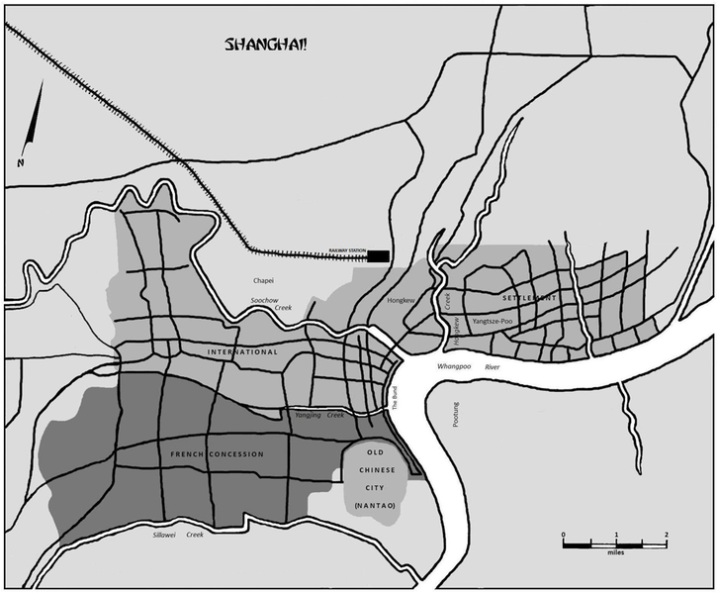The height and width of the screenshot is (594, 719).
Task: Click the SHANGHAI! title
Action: [266, 45]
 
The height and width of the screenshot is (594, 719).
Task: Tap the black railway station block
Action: [377, 256]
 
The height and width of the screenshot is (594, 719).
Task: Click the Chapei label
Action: [263, 280]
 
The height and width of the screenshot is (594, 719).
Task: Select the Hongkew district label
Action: [401, 299]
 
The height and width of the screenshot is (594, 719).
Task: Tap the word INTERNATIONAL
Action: [242, 351]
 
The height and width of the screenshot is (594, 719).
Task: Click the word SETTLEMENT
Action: [529, 298]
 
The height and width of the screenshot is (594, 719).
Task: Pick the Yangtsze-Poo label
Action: [492, 322]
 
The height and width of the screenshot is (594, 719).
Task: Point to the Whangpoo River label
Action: [471, 367]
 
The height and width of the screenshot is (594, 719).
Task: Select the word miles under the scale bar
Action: [615, 553]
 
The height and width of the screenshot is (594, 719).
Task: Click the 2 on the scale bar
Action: [667, 535]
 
